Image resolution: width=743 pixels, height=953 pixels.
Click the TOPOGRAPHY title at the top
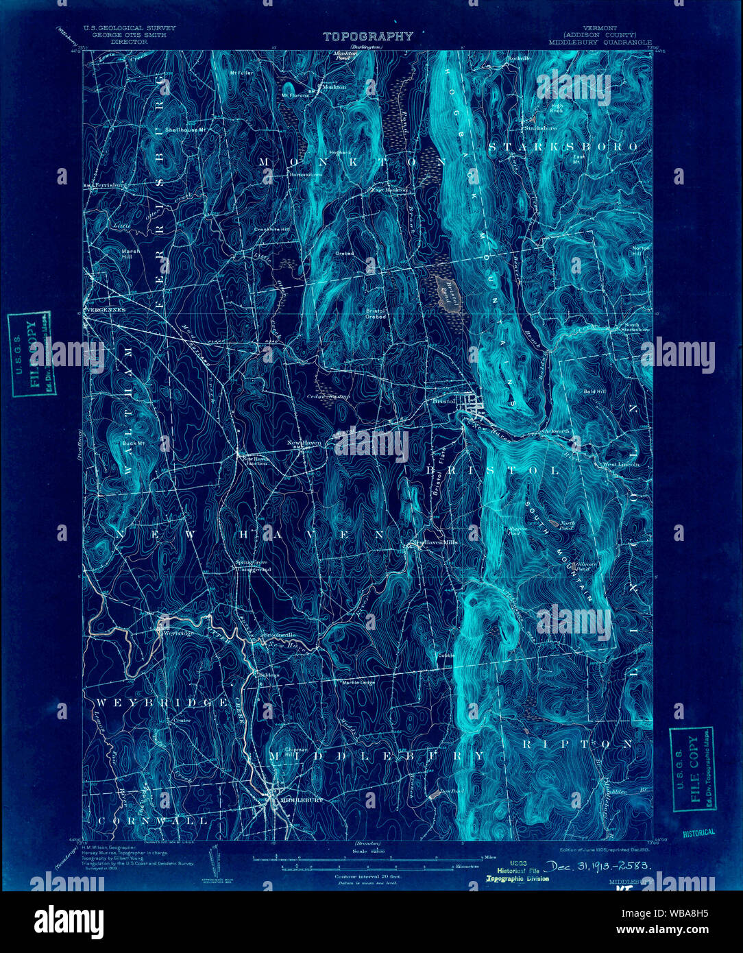click(368, 36)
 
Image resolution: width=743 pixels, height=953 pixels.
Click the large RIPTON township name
click(577, 743)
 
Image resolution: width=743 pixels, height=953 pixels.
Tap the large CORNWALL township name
click(151, 820)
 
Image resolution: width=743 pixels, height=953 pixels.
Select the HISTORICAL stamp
click(698, 832)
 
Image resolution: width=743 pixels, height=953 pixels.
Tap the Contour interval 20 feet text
click(367, 877)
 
